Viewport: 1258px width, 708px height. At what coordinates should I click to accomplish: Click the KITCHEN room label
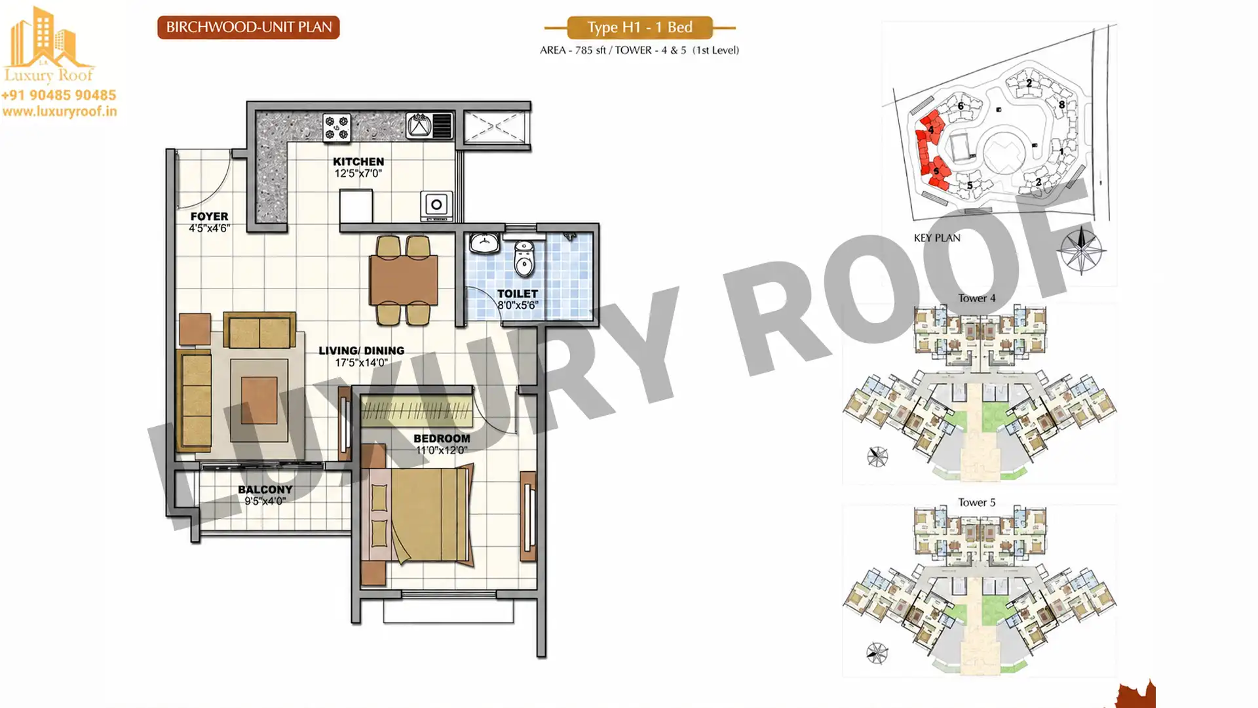(x=358, y=161)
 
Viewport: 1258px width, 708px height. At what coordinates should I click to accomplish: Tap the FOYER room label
(x=209, y=216)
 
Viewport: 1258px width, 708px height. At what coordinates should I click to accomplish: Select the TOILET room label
(x=517, y=294)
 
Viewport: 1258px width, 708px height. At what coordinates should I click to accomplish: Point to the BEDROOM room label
(x=442, y=438)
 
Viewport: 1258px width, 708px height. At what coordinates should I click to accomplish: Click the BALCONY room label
(x=265, y=489)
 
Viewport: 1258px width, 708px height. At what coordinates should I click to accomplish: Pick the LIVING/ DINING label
(x=361, y=351)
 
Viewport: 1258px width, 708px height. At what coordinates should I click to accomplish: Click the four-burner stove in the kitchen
(x=337, y=127)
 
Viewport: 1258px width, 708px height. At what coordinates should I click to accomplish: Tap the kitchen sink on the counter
(x=429, y=125)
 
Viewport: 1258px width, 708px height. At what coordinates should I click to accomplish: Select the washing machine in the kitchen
(x=436, y=205)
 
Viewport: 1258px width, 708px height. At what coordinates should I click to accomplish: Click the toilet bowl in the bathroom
(x=524, y=258)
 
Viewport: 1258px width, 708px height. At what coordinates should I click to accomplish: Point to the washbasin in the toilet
(x=484, y=243)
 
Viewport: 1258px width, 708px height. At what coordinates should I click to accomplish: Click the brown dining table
(x=404, y=280)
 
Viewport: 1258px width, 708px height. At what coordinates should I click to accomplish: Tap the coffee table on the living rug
(x=259, y=401)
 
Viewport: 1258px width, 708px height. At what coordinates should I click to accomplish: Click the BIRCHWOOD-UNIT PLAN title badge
(x=248, y=28)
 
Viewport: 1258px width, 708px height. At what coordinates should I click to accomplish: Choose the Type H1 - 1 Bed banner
(x=639, y=28)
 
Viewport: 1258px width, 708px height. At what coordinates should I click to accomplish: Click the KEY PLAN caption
(x=937, y=238)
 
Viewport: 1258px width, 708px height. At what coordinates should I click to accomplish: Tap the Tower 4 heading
(x=976, y=298)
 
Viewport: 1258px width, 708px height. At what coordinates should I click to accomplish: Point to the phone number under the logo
(x=59, y=96)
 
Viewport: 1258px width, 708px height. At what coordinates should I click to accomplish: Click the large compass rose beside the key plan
(x=1080, y=250)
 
